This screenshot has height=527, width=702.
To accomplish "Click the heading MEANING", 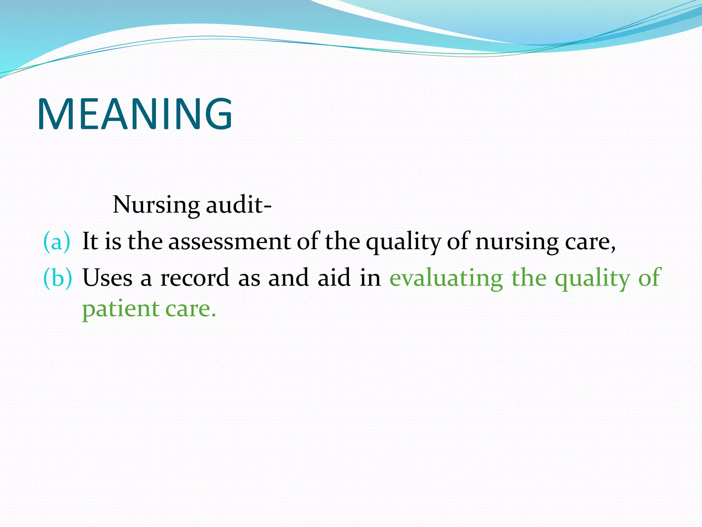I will [x=135, y=114].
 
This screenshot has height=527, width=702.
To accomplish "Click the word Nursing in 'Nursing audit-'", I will [x=156, y=205].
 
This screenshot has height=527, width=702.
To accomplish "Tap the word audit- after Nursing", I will [x=239, y=204].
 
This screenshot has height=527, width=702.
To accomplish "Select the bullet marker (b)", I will [x=58, y=277].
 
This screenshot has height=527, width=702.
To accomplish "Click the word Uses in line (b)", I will [x=107, y=277].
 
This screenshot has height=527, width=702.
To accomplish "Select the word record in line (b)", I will [x=195, y=277].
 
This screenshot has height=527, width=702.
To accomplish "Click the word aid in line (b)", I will [x=334, y=277].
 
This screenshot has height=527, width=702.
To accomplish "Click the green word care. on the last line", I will [x=191, y=309].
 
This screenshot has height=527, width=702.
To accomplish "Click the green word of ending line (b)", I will [x=649, y=277].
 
